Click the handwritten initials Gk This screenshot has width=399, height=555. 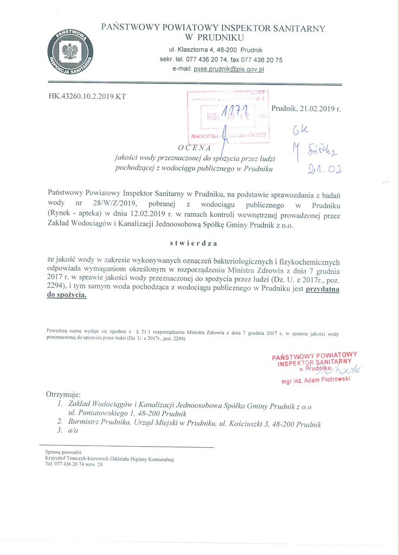[x=300, y=131]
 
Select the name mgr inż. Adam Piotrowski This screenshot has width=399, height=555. [x=316, y=380]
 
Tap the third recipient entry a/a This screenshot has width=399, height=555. [x=73, y=431]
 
